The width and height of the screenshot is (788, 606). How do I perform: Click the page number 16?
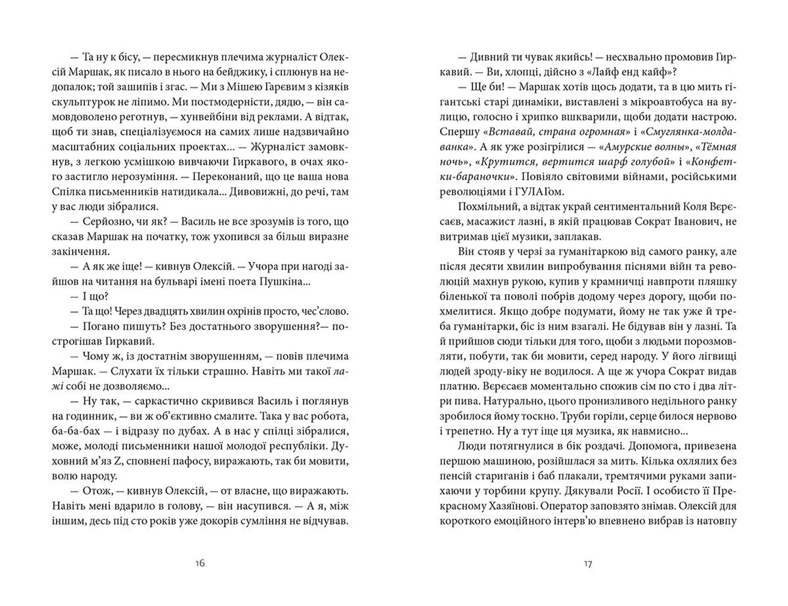click(200, 563)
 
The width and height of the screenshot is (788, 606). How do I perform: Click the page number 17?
click(588, 564)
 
